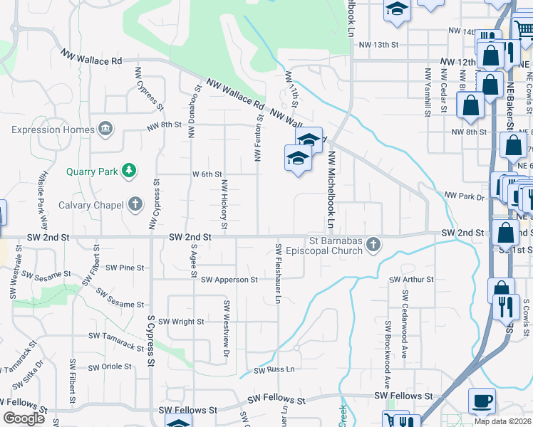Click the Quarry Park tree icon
(x=129, y=170)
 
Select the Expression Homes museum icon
(x=105, y=129)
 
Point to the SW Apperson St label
(x=229, y=280)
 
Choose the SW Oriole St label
(x=108, y=367)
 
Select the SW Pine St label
(x=125, y=268)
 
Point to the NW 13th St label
(x=378, y=45)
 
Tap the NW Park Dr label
(x=464, y=196)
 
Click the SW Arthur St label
(x=412, y=280)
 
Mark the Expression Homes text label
(x=53, y=130)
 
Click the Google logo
(x=24, y=418)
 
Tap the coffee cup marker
(x=482, y=401)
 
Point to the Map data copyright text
(x=503, y=421)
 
